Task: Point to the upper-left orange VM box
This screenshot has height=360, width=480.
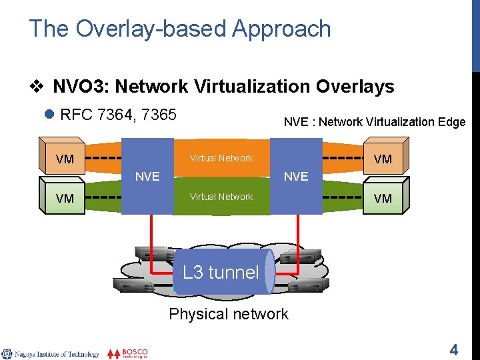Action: [x=65, y=159]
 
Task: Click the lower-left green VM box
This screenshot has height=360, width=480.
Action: [x=65, y=199]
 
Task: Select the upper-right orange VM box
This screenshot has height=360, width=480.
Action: [x=383, y=159]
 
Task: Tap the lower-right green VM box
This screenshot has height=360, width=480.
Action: [x=383, y=199]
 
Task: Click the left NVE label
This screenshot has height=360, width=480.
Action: [x=147, y=177]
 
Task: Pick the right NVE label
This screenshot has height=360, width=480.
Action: [x=296, y=177]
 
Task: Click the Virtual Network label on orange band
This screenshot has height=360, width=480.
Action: [x=221, y=158]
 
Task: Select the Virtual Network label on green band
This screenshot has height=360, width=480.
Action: [x=221, y=197]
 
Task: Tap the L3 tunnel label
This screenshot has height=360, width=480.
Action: [x=221, y=272]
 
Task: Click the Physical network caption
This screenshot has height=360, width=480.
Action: [x=229, y=314]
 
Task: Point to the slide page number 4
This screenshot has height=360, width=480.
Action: [x=454, y=349]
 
